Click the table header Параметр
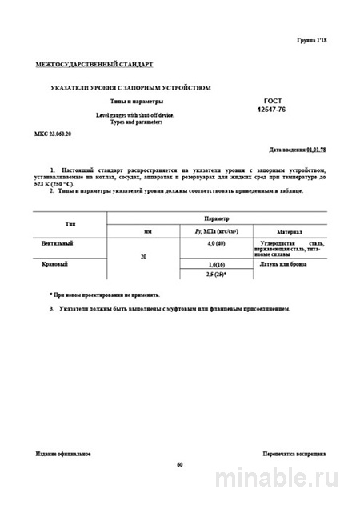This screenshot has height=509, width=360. point(216,218)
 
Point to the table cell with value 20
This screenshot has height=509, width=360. point(143,258)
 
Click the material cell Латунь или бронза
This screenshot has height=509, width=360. point(282,264)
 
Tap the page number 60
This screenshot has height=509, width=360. point(180,465)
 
